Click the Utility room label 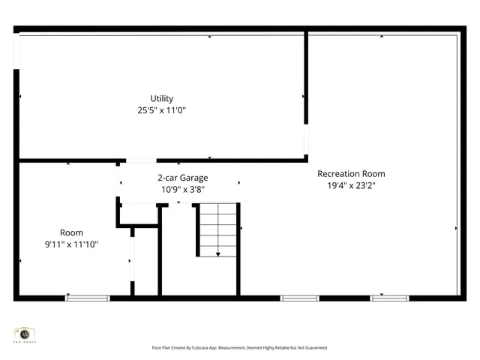pyautogui.click(x=161, y=98)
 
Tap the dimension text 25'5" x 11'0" pyautogui.click(x=161, y=110)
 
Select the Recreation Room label pyautogui.click(x=351, y=173)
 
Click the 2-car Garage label pyautogui.click(x=182, y=178)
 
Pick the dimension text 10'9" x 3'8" pyautogui.click(x=182, y=189)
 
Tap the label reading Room pyautogui.click(x=71, y=232)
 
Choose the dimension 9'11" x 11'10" pyautogui.click(x=71, y=244)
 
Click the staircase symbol pyautogui.click(x=217, y=229)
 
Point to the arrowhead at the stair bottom pyautogui.click(x=217, y=254)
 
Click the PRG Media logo pyautogui.click(x=25, y=333)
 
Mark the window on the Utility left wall pyautogui.click(x=16, y=52)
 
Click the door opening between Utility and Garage pyautogui.click(x=141, y=160)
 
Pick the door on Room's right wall pyautogui.click(x=133, y=260)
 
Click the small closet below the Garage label pyautogui.click(x=139, y=213)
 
